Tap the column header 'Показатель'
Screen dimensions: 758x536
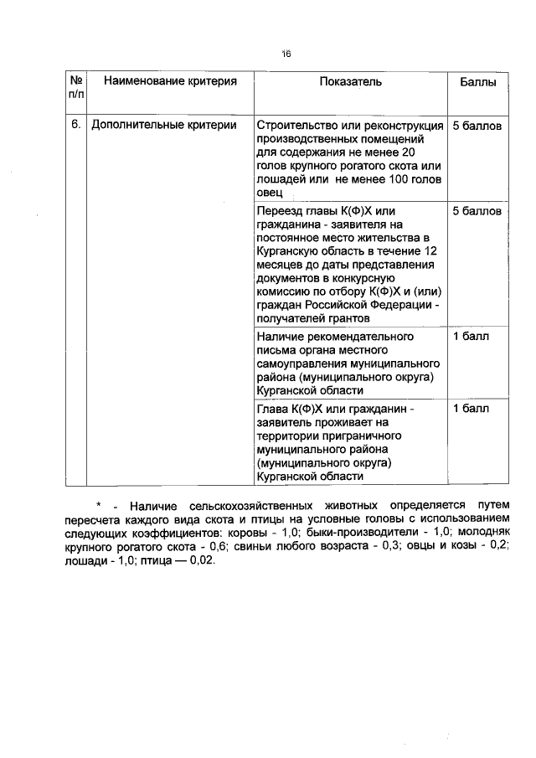(x=350, y=82)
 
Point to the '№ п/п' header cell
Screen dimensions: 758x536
(x=76, y=89)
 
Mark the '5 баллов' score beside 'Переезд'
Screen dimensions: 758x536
(x=477, y=211)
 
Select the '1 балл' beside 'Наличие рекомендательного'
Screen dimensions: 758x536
(x=471, y=337)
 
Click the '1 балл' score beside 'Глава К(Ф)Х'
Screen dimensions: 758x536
(x=471, y=409)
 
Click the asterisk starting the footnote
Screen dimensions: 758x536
(x=98, y=507)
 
